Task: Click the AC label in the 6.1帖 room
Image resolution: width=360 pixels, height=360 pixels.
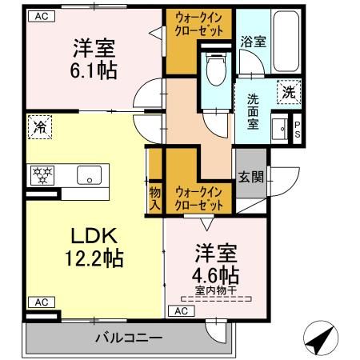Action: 40,16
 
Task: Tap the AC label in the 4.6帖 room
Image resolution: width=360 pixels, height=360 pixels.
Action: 182,310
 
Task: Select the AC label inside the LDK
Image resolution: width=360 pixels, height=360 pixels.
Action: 38,302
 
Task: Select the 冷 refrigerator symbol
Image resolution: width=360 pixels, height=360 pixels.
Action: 38,126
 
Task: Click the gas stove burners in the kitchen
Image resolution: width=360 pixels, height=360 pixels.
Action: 41,174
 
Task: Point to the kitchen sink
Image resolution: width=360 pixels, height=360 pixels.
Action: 86,174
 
